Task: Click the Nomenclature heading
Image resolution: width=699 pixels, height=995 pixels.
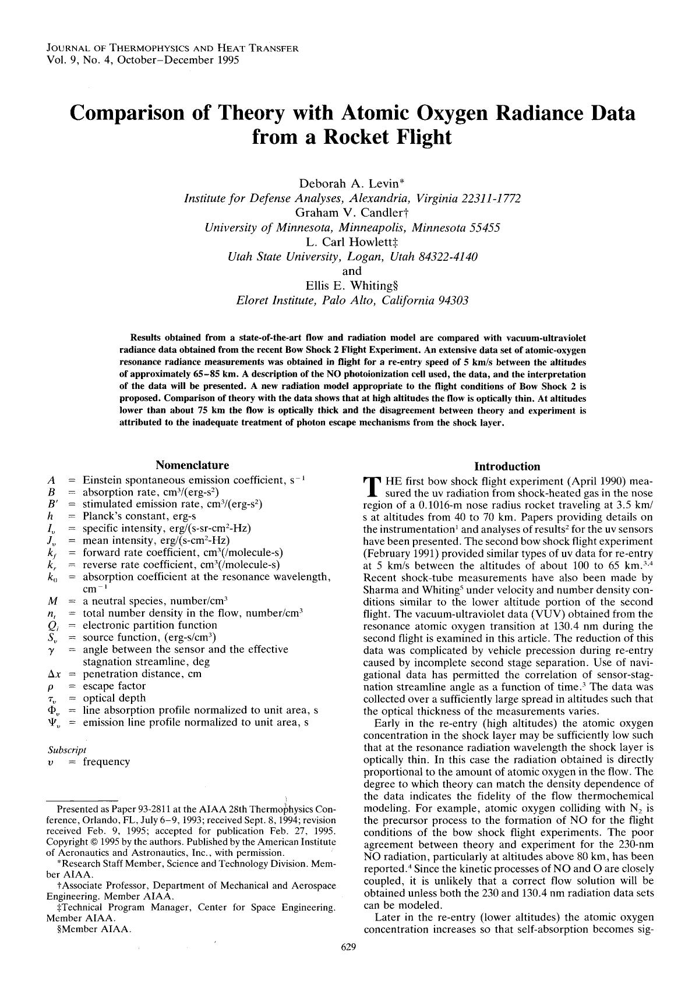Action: tap(192, 465)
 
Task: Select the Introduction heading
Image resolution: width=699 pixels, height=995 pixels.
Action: tap(507, 466)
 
